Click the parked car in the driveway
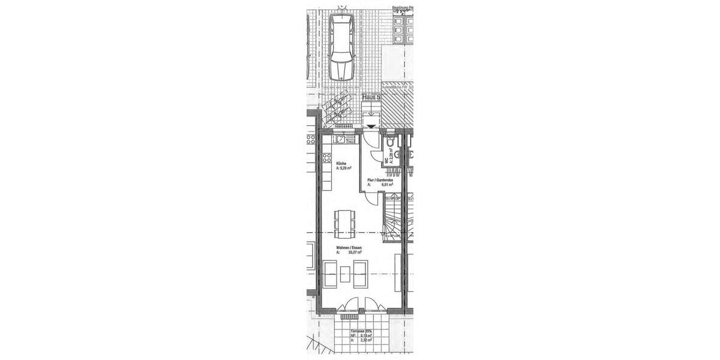click(x=341, y=46)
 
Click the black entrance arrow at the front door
click(x=372, y=126)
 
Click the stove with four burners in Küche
click(x=328, y=159)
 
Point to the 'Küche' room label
click(x=341, y=163)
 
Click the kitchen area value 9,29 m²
click(x=345, y=169)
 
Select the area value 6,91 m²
click(x=386, y=185)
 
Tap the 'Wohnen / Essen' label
click(x=349, y=247)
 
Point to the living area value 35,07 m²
click(x=356, y=253)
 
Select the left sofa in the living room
click(x=330, y=275)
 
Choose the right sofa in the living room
click(x=360, y=275)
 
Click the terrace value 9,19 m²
click(x=366, y=336)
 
